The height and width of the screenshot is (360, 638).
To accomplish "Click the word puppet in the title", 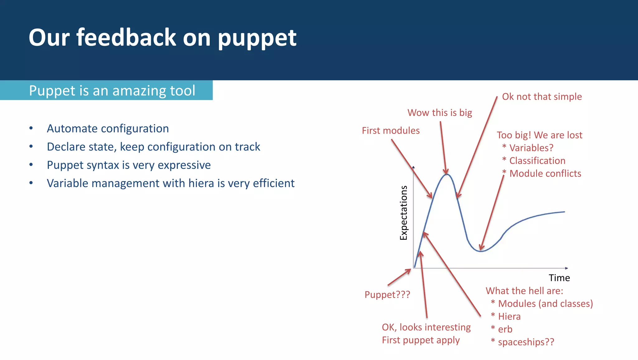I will point(257,38).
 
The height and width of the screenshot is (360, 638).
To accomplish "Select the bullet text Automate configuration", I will point(108,128).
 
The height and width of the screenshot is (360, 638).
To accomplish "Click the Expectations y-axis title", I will point(404,213).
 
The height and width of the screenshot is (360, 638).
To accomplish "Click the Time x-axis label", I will point(559,278).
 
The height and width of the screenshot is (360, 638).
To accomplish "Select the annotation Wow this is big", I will point(440,113).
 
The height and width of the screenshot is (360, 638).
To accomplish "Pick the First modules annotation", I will point(391,131).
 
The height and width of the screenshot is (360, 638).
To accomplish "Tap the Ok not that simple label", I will point(542,97).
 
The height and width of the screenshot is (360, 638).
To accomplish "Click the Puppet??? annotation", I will point(387,295).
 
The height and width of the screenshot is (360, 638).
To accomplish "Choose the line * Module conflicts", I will point(542,173).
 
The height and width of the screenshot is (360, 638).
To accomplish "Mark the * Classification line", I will point(534,161).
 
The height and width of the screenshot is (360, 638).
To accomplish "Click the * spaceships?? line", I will point(523,342).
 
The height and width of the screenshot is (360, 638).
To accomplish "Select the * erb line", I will point(502,329).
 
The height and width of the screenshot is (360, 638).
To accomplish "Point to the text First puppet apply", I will point(421,340).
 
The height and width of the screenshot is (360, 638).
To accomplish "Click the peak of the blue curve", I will point(447,174).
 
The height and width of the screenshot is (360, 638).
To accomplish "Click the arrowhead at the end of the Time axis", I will point(566,268).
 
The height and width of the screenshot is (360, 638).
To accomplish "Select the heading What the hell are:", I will point(524,291).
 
